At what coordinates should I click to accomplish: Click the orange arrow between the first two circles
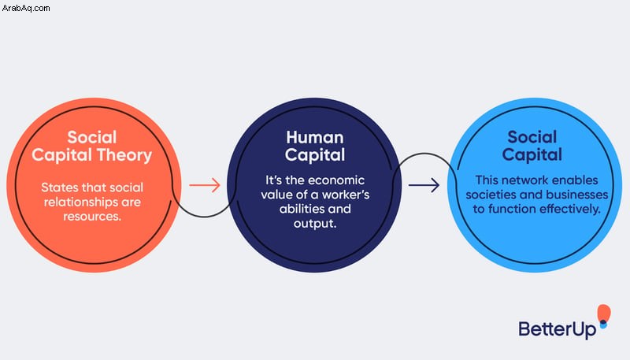coord(205,185)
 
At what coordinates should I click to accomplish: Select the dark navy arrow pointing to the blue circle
coord(424,185)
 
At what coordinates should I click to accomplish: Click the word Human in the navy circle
coord(315,137)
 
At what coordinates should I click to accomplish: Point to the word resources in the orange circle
coord(92,217)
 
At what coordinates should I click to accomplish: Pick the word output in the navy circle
coord(315,224)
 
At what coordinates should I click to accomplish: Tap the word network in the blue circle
coord(526,180)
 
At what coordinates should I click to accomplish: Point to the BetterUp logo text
coord(558,329)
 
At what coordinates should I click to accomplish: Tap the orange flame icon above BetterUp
coord(603,314)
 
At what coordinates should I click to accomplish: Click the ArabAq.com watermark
coord(26,8)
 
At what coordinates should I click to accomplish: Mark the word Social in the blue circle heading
coord(532,137)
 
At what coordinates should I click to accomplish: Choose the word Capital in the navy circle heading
coord(315,156)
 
